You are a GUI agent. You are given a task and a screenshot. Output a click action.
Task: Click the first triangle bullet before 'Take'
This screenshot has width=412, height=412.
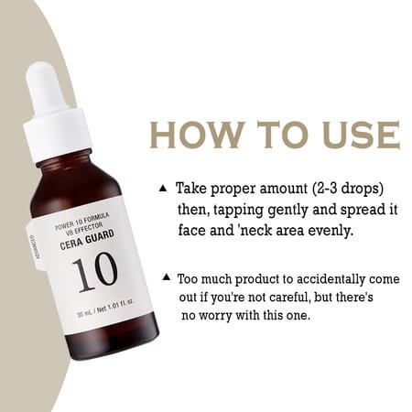pyautogui.click(x=163, y=189)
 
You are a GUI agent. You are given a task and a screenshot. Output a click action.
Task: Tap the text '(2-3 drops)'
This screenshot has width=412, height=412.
pyautogui.click(x=347, y=189)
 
